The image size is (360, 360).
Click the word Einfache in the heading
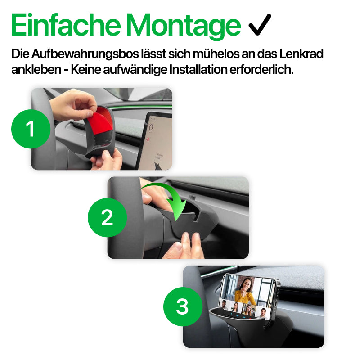point(66,25)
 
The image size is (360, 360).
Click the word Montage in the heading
point(184,27)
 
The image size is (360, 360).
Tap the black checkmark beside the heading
point(260,25)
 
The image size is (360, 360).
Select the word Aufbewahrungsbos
point(85,54)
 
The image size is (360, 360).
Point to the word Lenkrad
point(301,54)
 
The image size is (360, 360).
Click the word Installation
point(198,70)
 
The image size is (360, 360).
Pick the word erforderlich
point(261,70)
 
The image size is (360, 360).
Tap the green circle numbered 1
point(31,129)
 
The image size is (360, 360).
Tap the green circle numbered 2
point(107,217)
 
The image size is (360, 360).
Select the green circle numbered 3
point(183,306)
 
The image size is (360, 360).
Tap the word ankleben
point(36,70)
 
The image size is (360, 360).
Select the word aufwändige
point(135,70)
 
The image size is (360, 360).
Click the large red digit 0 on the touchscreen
point(151,127)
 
